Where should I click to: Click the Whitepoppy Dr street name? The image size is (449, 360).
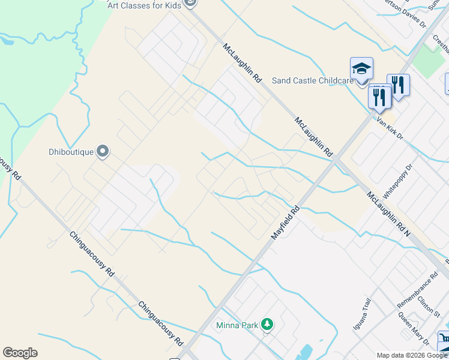pyautogui.click(x=399, y=180)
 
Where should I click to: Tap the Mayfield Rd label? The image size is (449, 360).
pyautogui.click(x=285, y=224)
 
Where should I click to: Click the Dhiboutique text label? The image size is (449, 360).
pyautogui.click(x=71, y=152)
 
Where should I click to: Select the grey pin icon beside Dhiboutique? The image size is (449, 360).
pyautogui.click(x=103, y=151)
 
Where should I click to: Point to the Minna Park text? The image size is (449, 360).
pyautogui.click(x=237, y=326)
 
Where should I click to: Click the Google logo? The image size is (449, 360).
pyautogui.click(x=20, y=353)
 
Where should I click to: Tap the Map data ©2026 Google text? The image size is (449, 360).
pyautogui.click(x=412, y=355)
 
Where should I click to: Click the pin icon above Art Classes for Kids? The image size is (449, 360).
pyautogui.click(x=191, y=2)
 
